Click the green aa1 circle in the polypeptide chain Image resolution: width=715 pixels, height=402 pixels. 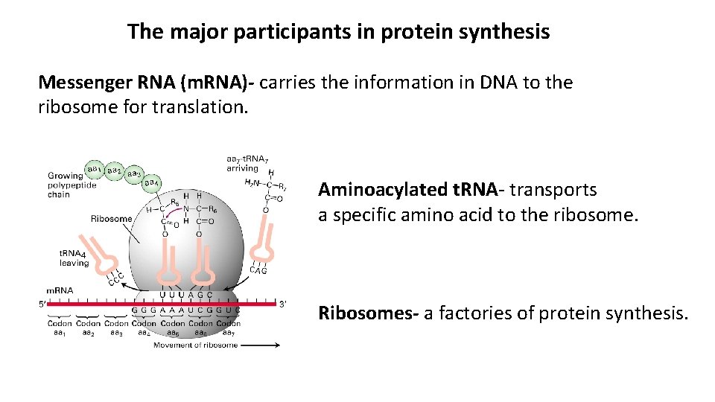pos(95,170)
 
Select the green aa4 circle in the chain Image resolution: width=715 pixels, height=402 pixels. pos(152,182)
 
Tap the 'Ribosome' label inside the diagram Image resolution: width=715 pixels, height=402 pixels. pos(111,219)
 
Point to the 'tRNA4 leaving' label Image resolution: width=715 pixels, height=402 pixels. pos(74,258)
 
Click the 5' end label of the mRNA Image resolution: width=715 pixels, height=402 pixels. pos(42,304)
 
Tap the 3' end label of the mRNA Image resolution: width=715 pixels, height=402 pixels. pos(282,304)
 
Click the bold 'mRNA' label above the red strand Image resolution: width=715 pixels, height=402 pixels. pos(59,290)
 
